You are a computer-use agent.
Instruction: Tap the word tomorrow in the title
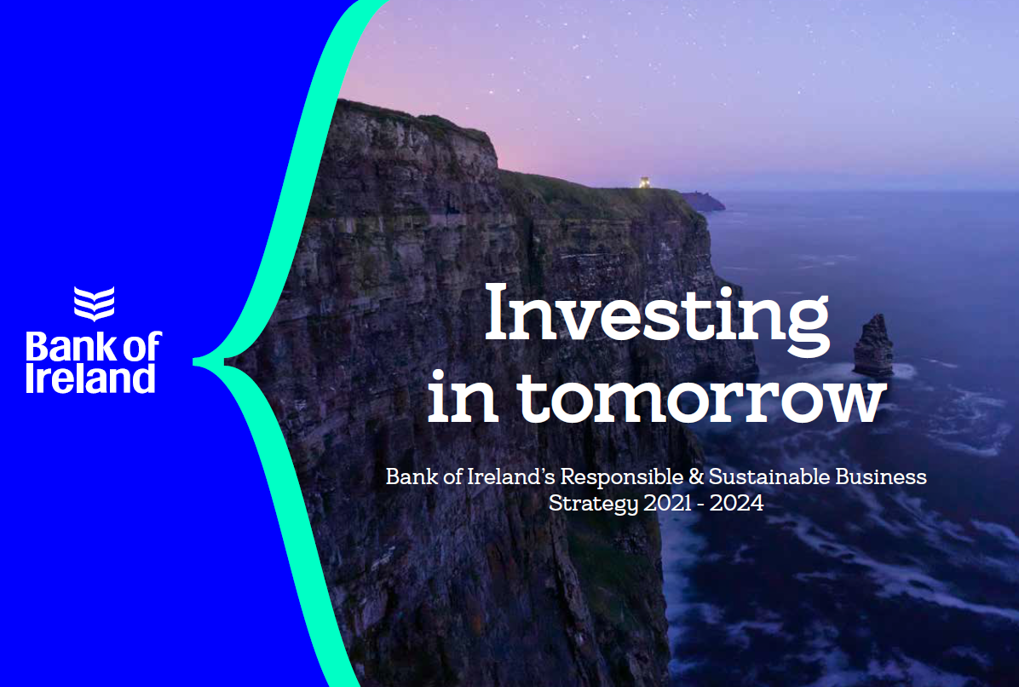click(703, 397)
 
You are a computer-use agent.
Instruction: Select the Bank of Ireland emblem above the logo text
click(95, 303)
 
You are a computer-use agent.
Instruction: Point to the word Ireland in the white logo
click(90, 378)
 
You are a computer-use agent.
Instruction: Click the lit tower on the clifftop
click(644, 182)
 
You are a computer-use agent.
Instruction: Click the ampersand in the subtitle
click(696, 476)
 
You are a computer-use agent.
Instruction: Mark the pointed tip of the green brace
click(194, 361)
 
